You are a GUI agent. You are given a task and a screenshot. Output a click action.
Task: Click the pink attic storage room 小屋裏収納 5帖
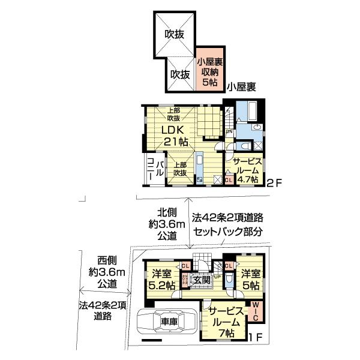209,73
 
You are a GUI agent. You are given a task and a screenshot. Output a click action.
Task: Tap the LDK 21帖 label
175,136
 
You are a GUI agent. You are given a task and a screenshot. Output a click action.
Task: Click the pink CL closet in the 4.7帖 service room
229,179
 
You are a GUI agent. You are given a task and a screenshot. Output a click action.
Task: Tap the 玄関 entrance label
202,278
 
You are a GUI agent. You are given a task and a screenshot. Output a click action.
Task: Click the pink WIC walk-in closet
255,313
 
